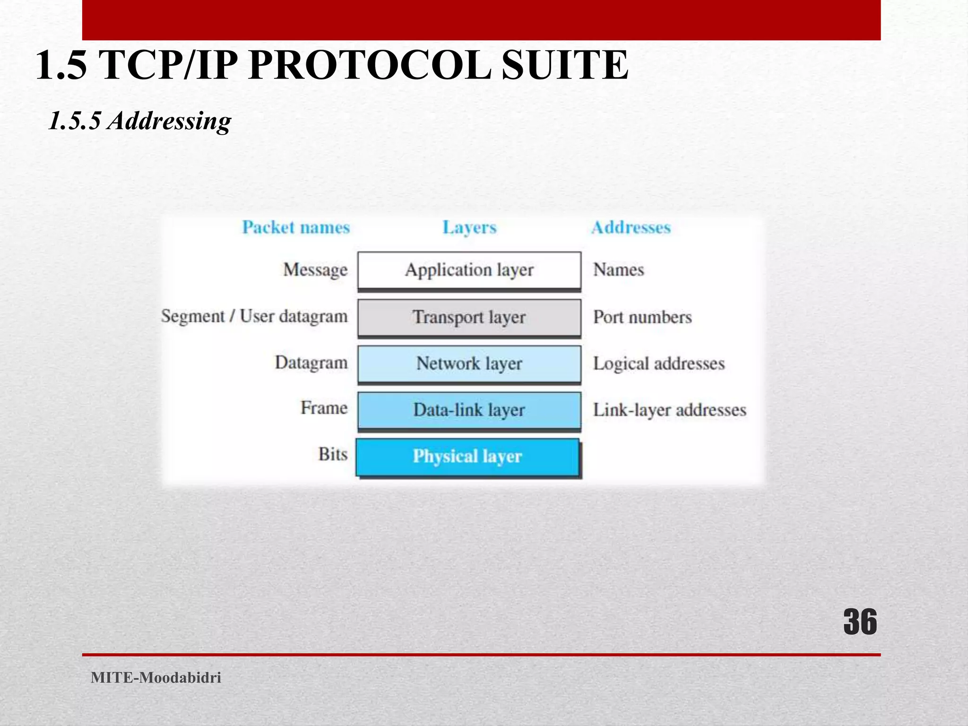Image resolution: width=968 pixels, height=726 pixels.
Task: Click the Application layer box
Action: click(x=469, y=270)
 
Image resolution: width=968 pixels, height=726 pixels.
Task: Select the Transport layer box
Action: click(x=469, y=317)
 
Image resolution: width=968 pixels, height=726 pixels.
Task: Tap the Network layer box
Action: click(x=469, y=363)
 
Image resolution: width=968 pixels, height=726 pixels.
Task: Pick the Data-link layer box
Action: click(x=469, y=410)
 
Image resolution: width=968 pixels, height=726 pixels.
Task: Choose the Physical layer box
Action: click(x=467, y=457)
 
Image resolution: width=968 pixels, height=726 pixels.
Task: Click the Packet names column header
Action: click(x=296, y=227)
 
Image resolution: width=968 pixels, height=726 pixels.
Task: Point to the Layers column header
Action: click(x=469, y=227)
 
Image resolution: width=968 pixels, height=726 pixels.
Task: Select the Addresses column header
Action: click(x=631, y=227)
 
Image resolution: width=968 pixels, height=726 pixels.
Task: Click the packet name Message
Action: click(x=315, y=270)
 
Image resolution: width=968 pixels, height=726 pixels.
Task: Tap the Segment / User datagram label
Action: click(x=254, y=316)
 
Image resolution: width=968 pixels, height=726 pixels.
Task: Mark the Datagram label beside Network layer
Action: click(x=311, y=363)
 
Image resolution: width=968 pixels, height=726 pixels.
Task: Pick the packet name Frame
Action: click(x=324, y=408)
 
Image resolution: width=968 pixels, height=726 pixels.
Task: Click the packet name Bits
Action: click(x=333, y=454)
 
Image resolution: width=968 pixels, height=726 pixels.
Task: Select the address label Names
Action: click(x=618, y=270)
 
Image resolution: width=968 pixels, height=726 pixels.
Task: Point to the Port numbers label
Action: click(x=642, y=317)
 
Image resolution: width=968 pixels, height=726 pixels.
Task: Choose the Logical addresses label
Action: click(x=659, y=363)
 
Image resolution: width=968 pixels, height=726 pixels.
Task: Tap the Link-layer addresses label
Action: click(x=670, y=410)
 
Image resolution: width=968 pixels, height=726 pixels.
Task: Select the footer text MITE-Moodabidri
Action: click(x=156, y=678)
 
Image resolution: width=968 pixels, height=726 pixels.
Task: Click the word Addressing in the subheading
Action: click(x=169, y=121)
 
